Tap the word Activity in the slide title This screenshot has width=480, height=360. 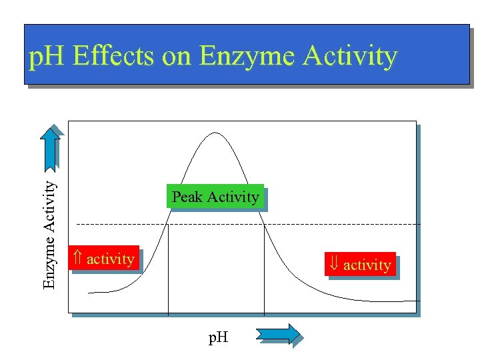click(350, 56)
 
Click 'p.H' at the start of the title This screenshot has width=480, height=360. click(47, 56)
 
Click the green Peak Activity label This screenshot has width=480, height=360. click(215, 197)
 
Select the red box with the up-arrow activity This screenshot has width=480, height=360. click(103, 259)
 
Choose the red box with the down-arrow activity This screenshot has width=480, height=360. click(360, 265)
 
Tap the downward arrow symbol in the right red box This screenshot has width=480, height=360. click(334, 265)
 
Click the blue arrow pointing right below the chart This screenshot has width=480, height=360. click(277, 333)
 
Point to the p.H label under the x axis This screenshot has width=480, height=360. click(218, 337)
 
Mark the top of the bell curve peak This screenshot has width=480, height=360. click(213, 133)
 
